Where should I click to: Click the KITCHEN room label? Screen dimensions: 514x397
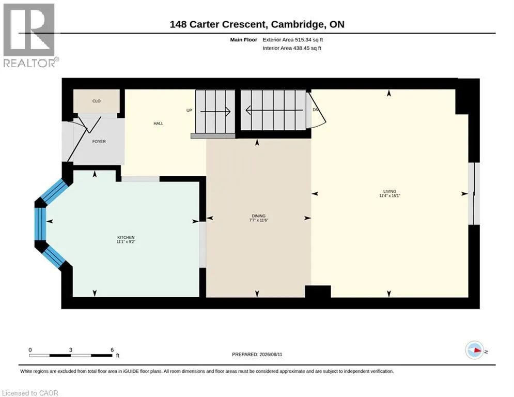point(126,237)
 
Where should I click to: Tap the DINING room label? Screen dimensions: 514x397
point(259,216)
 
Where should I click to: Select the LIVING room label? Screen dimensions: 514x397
point(390,191)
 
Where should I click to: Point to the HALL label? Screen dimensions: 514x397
point(158,124)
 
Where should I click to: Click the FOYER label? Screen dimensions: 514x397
point(99,142)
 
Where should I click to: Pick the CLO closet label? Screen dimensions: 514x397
point(97,101)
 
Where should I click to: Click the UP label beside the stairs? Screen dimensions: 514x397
point(189,110)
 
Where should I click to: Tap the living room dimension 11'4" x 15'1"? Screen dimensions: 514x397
point(390,195)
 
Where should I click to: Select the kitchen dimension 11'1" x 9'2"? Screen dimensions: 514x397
point(126,242)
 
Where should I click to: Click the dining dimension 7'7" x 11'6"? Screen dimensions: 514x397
point(259,220)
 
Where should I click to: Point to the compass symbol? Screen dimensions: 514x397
point(475,350)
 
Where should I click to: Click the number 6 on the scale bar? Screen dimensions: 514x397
point(112,350)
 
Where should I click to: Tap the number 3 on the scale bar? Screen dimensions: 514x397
point(70,350)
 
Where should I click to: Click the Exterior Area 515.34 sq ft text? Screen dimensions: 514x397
point(293,40)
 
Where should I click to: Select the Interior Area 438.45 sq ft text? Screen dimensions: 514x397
point(292,48)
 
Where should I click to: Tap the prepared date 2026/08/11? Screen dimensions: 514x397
point(271,354)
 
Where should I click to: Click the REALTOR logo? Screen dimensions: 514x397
point(29,36)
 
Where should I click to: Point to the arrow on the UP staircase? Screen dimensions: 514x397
point(215,112)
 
